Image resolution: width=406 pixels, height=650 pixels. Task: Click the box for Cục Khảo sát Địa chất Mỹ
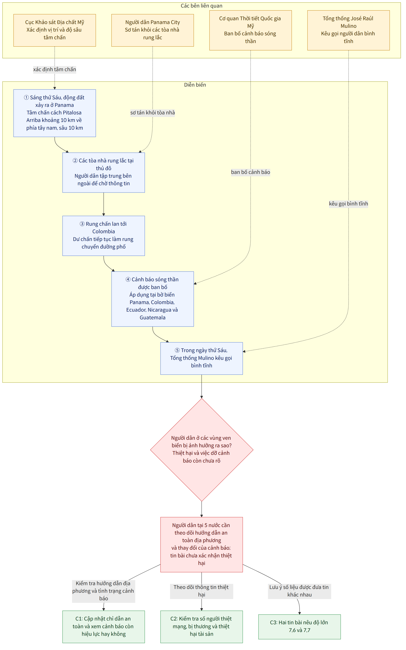55,30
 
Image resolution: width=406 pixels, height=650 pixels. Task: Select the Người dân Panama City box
153,30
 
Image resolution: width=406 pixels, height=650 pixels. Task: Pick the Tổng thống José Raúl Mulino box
349,30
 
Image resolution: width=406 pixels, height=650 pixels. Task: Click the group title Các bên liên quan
201,6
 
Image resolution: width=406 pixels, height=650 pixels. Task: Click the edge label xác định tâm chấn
55,70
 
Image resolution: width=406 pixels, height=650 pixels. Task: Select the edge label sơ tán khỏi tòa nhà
153,113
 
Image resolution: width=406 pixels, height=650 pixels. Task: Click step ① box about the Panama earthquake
55,113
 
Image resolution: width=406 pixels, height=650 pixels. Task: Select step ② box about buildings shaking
104,172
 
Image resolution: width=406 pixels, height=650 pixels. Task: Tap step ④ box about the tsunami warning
153,299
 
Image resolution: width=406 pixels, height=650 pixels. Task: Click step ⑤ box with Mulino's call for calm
202,358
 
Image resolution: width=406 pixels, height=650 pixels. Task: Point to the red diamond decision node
202,450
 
